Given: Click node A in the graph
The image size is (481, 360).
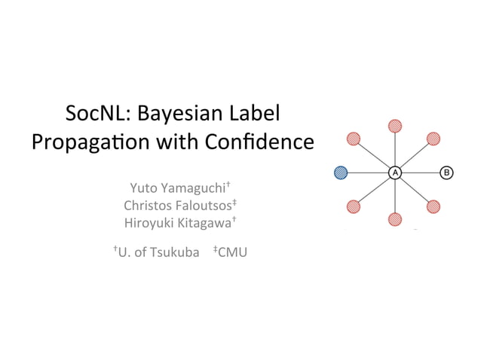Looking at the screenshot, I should click(x=394, y=172).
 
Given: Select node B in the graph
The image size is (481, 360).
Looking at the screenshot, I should click(x=446, y=172).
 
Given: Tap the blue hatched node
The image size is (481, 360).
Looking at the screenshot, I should click(x=342, y=172).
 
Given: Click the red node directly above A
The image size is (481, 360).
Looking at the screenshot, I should click(x=394, y=126).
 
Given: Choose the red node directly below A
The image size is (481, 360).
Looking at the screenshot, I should click(x=394, y=219).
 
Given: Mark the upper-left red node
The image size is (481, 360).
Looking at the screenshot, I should click(x=354, y=139).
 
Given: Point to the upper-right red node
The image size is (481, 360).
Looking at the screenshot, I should click(x=434, y=139).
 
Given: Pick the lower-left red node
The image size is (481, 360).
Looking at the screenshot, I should click(x=354, y=206).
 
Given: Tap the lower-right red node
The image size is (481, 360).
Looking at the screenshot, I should click(x=434, y=206).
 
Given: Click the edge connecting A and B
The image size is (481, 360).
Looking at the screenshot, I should click(x=421, y=172).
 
